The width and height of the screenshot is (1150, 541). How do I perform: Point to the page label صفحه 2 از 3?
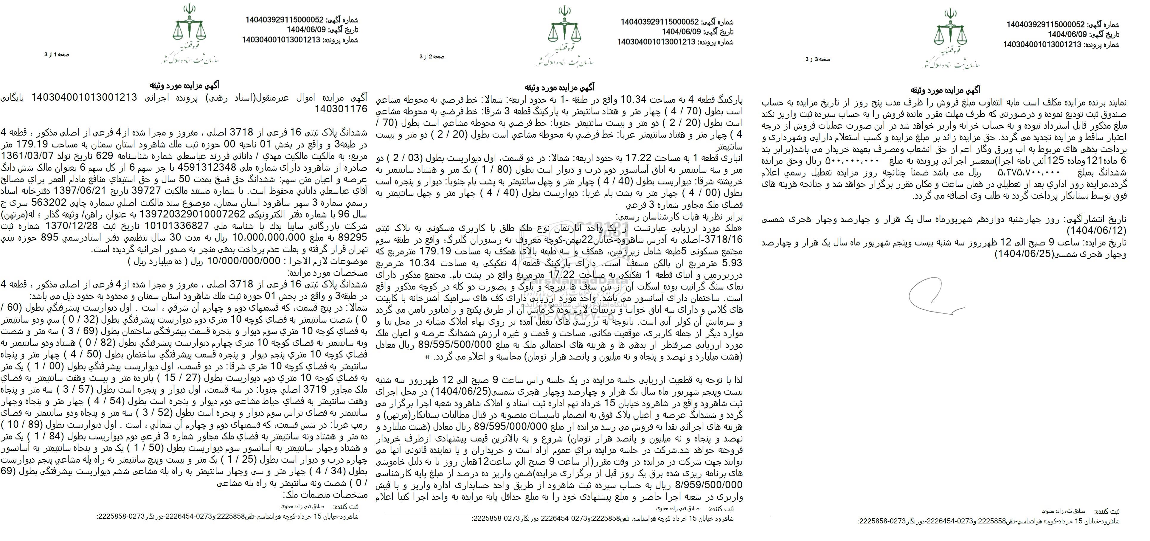pos(432,57)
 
